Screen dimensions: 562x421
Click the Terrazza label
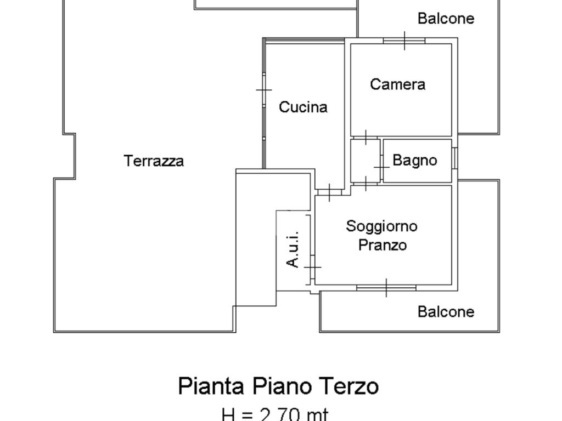pyautogui.click(x=154, y=161)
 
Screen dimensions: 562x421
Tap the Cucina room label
pyautogui.click(x=303, y=107)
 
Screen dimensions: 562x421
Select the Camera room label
pyautogui.click(x=397, y=84)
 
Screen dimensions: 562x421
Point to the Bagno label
pyautogui.click(x=415, y=160)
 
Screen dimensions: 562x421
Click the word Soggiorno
pyautogui.click(x=382, y=226)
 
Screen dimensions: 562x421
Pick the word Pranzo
pyautogui.click(x=383, y=245)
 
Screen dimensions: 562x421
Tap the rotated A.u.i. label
pyautogui.click(x=293, y=249)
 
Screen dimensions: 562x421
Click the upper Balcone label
pyautogui.click(x=446, y=18)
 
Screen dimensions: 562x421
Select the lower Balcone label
pyautogui.click(x=446, y=312)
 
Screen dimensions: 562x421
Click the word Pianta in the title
pyautogui.click(x=211, y=386)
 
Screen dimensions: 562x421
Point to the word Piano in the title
pyautogui.click(x=279, y=386)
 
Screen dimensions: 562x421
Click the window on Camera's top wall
pyautogui.click(x=404, y=41)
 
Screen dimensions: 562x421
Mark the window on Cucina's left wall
pyautogui.click(x=264, y=89)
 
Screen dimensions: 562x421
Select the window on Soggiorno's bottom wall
pyautogui.click(x=386, y=288)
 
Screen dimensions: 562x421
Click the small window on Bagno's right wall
pyautogui.click(x=454, y=158)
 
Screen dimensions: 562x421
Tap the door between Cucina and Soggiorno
pyautogui.click(x=330, y=192)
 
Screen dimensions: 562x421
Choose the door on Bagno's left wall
pyautogui.click(x=381, y=167)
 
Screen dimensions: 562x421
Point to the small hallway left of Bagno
pyautogui.click(x=365, y=161)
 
